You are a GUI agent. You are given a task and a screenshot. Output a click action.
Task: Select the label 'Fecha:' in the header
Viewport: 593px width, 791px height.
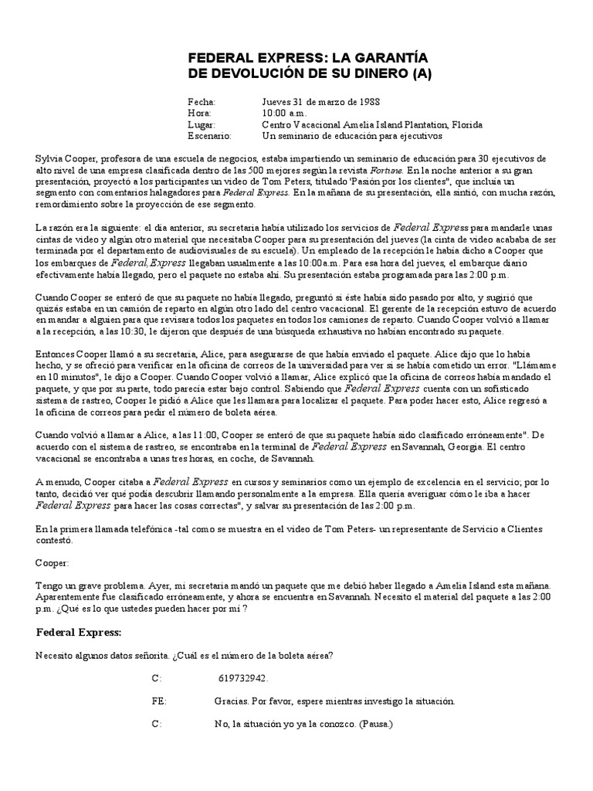[202, 102]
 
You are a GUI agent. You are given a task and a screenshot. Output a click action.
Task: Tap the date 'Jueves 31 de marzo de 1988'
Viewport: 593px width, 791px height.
[320, 102]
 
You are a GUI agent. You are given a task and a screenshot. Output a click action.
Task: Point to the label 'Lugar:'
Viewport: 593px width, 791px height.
[202, 124]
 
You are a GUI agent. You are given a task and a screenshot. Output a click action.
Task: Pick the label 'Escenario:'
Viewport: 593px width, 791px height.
[209, 135]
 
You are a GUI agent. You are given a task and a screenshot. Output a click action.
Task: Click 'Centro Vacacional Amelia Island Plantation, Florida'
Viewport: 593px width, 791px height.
[372, 124]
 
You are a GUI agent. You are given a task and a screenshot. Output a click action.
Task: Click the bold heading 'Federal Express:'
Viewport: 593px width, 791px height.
[79, 633]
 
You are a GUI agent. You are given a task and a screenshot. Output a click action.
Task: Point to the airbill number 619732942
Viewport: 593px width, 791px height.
[242, 678]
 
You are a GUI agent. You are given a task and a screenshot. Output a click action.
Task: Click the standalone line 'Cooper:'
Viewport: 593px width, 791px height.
[53, 563]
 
